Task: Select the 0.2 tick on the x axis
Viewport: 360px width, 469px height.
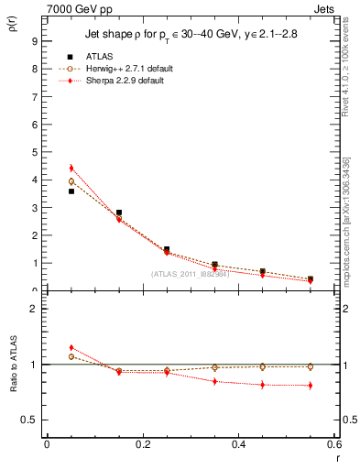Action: (x=143, y=444)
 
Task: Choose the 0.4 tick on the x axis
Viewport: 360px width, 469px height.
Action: (x=239, y=444)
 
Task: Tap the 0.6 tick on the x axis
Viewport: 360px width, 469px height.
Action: (x=334, y=444)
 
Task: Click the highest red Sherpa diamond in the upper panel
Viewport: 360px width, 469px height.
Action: (x=71, y=169)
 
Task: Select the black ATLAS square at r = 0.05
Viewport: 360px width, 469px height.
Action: (x=71, y=191)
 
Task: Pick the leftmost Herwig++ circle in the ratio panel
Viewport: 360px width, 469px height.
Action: (x=71, y=357)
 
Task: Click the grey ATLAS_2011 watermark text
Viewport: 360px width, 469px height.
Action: (x=191, y=274)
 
